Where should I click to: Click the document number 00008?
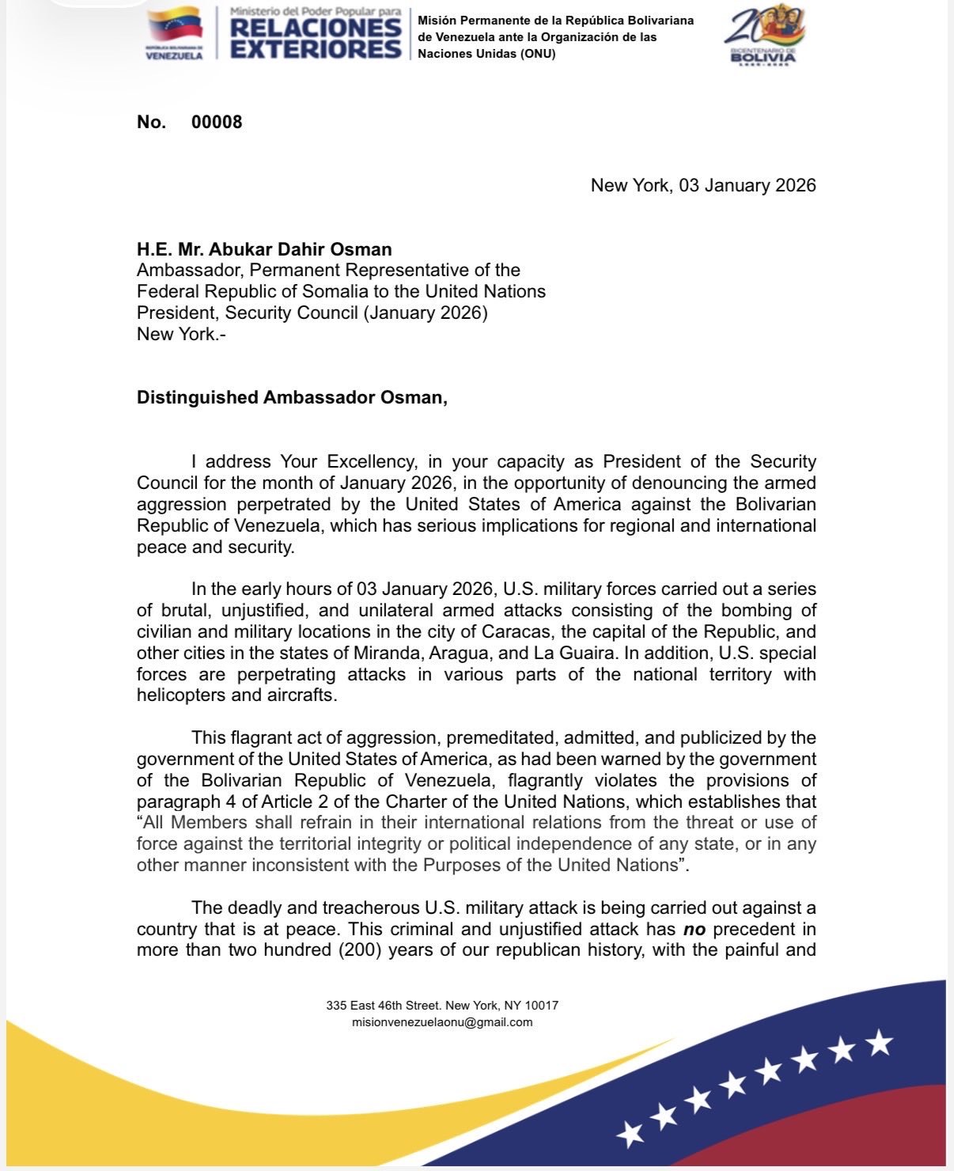(217, 122)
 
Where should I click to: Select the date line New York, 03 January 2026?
(703, 185)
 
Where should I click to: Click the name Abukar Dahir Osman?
(300, 249)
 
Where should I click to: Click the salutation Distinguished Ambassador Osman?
(292, 397)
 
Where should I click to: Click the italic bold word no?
(694, 930)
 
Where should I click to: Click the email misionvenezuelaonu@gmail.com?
(442, 1022)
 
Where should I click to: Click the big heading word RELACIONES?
(316, 28)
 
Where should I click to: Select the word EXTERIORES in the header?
(316, 49)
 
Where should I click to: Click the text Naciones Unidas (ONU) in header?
(486, 54)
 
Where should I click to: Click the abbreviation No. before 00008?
(151, 122)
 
